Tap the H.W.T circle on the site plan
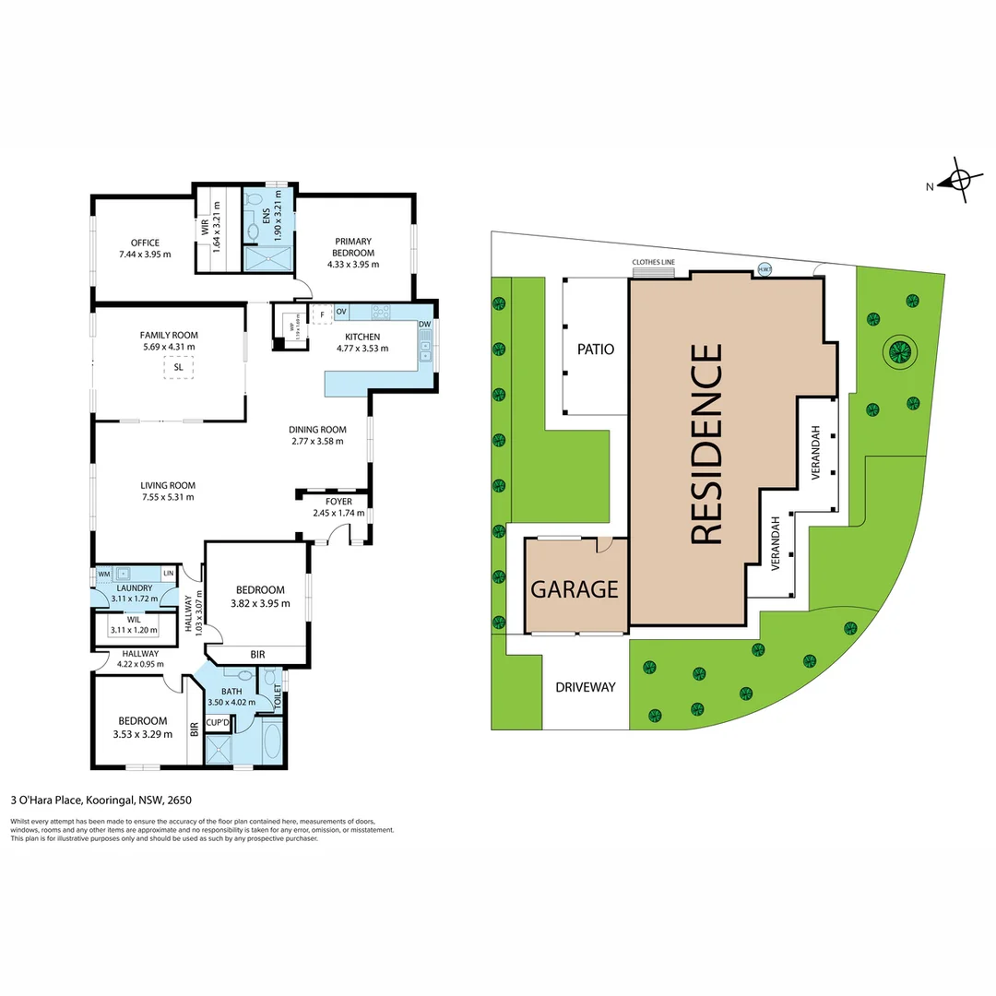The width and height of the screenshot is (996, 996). point(764,269)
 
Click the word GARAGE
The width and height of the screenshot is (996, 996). point(574,588)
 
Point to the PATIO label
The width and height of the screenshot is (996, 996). point(596,350)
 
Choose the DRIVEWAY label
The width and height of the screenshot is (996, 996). point(585,687)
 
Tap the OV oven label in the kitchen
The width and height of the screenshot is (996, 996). point(341,313)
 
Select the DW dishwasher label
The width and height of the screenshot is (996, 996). point(424,325)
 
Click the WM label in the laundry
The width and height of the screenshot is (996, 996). point(103,574)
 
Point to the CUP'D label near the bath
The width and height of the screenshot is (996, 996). point(218,722)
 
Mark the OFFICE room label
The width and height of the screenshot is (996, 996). point(145,243)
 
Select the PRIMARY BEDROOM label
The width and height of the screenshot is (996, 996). point(353,247)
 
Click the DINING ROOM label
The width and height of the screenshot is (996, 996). point(317,429)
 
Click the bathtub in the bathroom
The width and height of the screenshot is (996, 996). point(271,744)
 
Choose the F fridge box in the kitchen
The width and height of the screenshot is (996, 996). point(322,314)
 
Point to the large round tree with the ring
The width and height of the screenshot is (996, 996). point(898,350)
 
